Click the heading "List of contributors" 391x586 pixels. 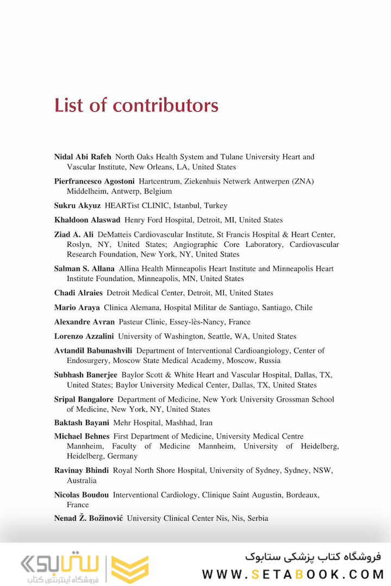pyautogui.click(x=136, y=105)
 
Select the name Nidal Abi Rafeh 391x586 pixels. pyautogui.click(x=83, y=157)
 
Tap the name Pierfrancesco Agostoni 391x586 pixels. pyautogui.click(x=94, y=181)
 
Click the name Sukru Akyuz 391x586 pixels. pyautogui.click(x=77, y=206)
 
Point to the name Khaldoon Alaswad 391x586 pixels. pyautogui.click(x=87, y=220)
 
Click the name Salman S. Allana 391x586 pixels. pyautogui.click(x=84, y=269)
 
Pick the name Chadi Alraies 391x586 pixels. pyautogui.click(x=78, y=293)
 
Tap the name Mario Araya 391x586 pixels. pyautogui.click(x=77, y=308)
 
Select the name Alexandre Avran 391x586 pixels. pyautogui.click(x=84, y=322)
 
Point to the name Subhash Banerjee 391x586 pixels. pyautogui.click(x=85, y=375)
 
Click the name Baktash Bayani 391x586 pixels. pyautogui.click(x=81, y=423)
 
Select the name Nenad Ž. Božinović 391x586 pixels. pyautogui.click(x=89, y=518)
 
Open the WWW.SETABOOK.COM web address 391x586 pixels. pyautogui.click(x=293, y=574)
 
